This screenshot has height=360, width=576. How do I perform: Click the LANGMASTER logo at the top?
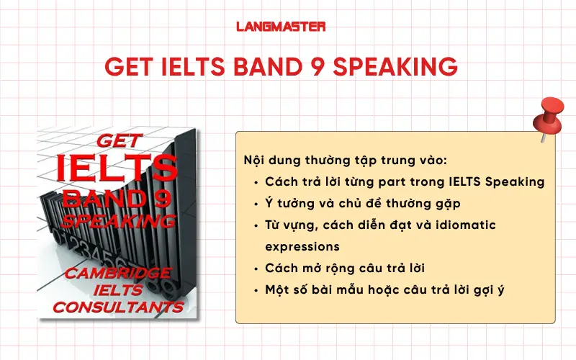[281, 27]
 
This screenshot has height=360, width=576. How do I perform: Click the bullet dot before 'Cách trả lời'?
[257, 182]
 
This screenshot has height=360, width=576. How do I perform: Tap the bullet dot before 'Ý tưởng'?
[257, 204]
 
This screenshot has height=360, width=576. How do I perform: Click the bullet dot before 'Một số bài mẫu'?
[257, 289]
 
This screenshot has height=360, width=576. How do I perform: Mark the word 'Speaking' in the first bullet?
[518, 181]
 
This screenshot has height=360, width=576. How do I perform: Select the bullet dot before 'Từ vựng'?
[257, 225]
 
